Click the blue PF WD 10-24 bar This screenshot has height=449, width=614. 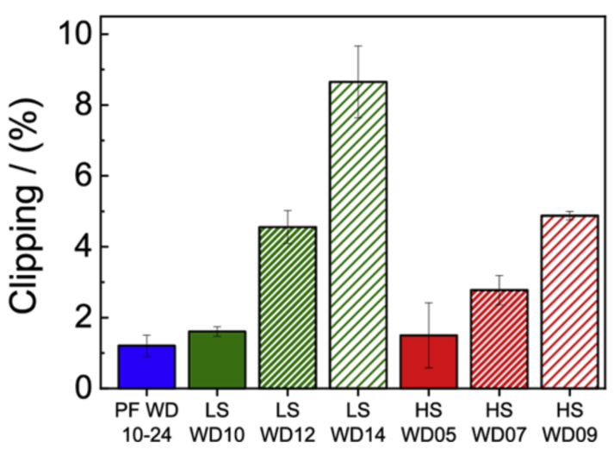click(146, 366)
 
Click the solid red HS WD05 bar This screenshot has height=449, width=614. click(429, 361)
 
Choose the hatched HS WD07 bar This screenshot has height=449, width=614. click(499, 339)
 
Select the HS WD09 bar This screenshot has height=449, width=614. click(569, 302)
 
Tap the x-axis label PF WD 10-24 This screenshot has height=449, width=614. click(146, 416)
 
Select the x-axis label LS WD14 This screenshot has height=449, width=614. click(358, 416)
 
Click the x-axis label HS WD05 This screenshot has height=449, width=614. click(429, 416)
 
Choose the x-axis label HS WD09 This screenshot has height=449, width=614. click(569, 416)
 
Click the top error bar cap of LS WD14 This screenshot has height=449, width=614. click(358, 46)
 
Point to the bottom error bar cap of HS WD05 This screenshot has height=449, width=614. click(429, 368)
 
